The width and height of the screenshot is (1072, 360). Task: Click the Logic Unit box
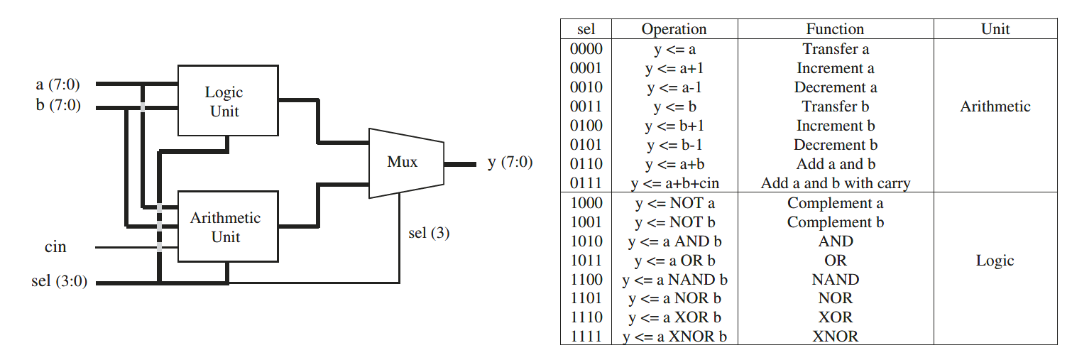227,101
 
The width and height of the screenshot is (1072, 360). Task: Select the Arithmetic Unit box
227,227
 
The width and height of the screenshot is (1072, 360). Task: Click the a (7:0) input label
58,84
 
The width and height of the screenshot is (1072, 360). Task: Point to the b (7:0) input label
58,106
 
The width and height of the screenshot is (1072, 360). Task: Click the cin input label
55,247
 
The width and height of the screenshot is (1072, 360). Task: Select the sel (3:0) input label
60,281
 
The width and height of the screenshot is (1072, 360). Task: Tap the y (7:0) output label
510,163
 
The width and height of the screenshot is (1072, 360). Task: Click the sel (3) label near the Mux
429,233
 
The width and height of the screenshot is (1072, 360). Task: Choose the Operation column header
674,30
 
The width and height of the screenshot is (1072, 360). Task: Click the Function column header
835,30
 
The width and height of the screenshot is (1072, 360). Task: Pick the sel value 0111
586,183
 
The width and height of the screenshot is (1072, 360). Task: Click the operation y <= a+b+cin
674,183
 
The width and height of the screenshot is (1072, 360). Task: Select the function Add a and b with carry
836,183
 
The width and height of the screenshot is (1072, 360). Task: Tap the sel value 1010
586,241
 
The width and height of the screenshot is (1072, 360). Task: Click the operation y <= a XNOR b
674,337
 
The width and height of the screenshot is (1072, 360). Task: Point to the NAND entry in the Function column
836,279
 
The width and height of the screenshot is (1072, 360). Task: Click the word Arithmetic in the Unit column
995,107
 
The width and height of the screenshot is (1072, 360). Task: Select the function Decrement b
836,145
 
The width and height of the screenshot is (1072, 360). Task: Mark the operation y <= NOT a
674,203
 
